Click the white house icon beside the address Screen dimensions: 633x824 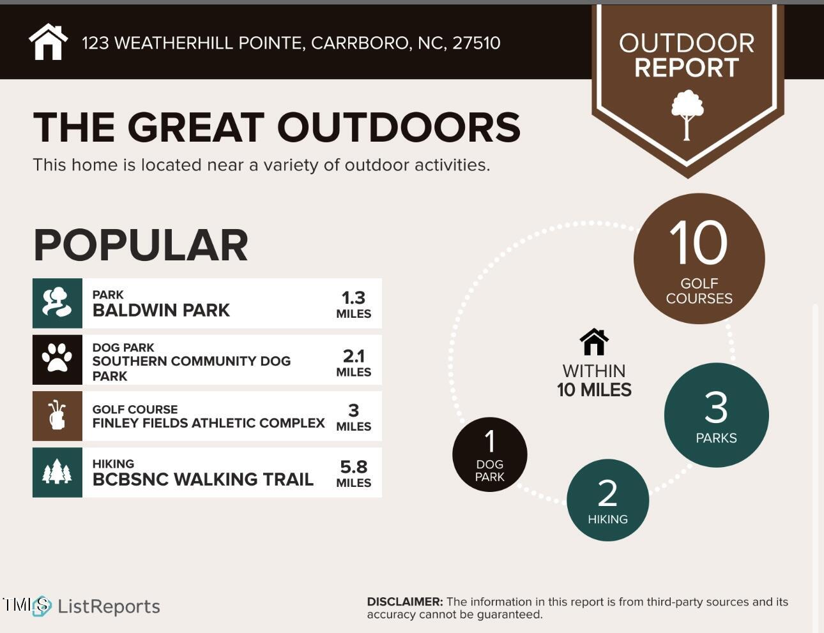[48, 42]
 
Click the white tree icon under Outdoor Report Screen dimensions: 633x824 [687, 114]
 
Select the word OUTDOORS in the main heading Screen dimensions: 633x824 [399, 127]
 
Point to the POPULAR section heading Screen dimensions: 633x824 [141, 245]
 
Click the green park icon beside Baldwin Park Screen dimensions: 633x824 [57, 303]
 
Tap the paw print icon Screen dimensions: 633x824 [57, 359]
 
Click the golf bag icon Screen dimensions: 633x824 [57, 415]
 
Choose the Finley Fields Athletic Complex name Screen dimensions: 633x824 [208, 422]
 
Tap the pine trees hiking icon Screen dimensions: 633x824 [57, 472]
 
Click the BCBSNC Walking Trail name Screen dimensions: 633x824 [202, 479]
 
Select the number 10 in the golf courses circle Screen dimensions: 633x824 [698, 243]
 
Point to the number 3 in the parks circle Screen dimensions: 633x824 [716, 408]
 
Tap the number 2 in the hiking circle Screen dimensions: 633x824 [607, 493]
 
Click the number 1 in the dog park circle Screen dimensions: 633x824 [490, 441]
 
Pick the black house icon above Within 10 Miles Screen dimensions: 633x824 [594, 342]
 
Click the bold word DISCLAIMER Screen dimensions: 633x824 [404, 602]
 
